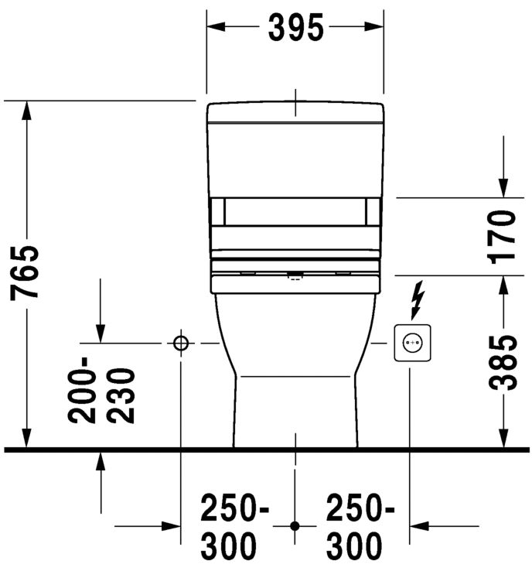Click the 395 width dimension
click(295, 28)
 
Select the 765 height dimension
click(25, 272)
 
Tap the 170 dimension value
click(501, 237)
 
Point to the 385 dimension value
click(503, 363)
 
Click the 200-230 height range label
click(101, 390)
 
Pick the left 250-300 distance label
click(235, 527)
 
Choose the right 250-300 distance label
click(360, 527)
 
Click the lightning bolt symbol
click(417, 299)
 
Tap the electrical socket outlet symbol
click(412, 343)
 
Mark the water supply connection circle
click(181, 343)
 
